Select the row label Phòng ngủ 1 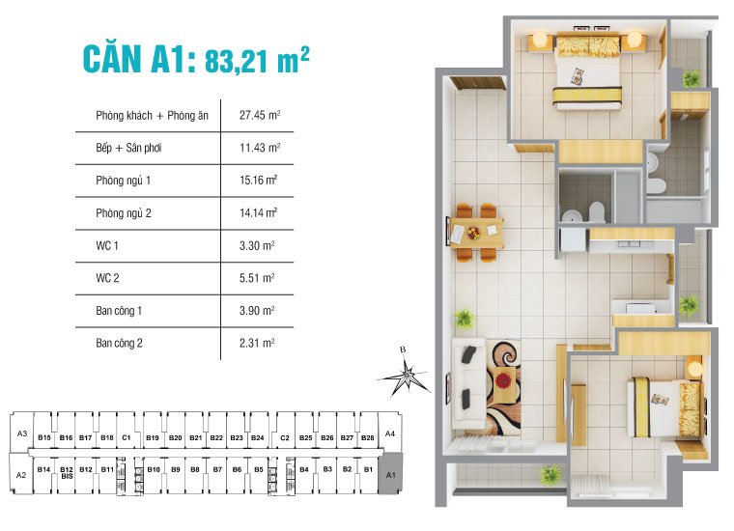click(124, 181)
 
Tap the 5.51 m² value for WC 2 click(258, 278)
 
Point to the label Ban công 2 click(120, 343)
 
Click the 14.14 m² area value click(259, 213)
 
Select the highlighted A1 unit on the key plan click(390, 476)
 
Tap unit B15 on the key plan click(44, 438)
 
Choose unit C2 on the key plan click(284, 438)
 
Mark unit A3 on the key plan click(21, 434)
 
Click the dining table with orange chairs click(476, 231)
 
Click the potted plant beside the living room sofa click(466, 319)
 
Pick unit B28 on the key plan click(367, 438)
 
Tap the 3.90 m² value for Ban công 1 click(258, 310)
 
